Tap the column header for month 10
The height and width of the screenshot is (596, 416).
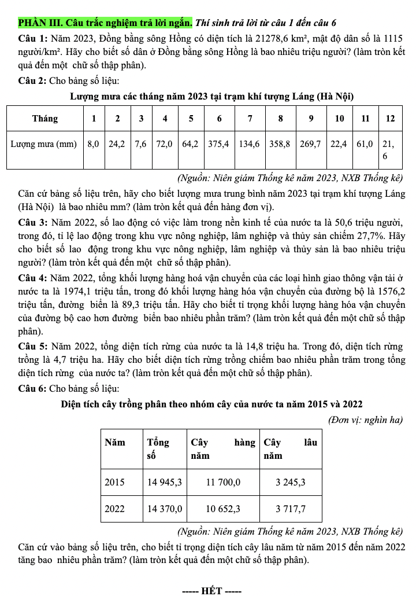[340, 119]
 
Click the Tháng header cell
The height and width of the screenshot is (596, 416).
[44, 119]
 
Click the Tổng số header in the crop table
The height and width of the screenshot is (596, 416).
[159, 449]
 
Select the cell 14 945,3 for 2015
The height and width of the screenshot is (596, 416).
[165, 481]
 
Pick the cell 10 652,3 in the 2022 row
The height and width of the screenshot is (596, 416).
[223, 509]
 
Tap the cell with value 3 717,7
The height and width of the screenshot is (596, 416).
[291, 509]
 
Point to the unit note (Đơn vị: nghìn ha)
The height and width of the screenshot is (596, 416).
[365, 419]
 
